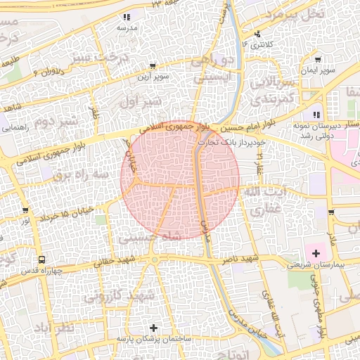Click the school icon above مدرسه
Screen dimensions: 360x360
point(127,17)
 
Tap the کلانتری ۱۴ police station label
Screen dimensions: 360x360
point(255,44)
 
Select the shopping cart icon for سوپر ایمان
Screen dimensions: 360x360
point(319,60)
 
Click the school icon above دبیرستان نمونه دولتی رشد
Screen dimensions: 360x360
point(316,115)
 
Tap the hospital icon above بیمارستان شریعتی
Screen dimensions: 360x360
point(316,253)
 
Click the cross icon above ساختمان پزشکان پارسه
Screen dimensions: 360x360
point(154,328)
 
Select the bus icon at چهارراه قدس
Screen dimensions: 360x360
point(41,259)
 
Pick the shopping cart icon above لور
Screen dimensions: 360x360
point(26,210)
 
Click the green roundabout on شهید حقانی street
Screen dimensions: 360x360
point(154,260)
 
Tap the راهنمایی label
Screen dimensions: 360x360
point(15,129)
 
